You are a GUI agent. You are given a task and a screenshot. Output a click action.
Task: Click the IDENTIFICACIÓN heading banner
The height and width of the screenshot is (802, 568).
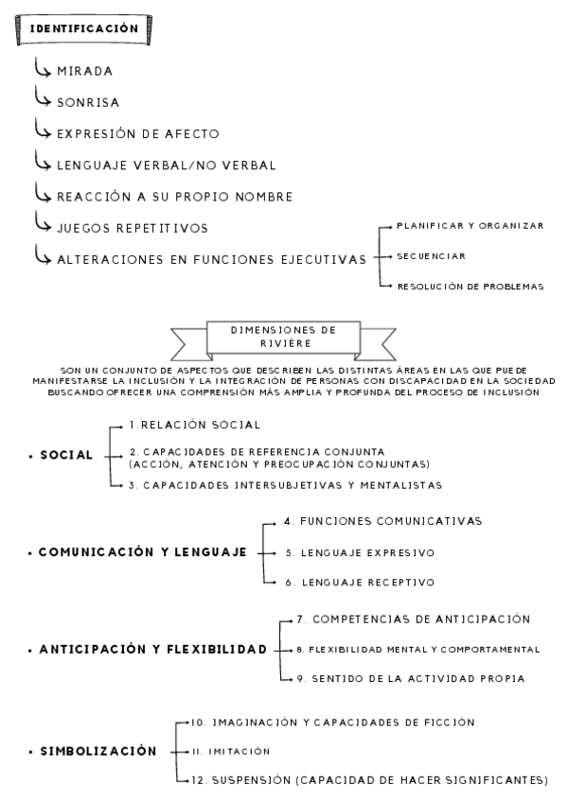point(84,28)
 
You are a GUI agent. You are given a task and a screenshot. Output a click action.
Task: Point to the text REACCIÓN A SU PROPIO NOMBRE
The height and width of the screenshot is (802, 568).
point(161,197)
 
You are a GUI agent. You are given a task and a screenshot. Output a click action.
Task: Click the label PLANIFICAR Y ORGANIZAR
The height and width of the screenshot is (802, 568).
point(470,226)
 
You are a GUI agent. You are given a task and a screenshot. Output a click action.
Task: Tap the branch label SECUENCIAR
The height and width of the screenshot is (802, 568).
point(431,255)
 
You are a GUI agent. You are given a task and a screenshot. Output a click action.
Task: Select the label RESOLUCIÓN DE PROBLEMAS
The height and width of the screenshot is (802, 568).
point(470,286)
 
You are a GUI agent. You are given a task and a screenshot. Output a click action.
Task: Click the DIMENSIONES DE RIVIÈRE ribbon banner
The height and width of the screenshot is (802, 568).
point(285,337)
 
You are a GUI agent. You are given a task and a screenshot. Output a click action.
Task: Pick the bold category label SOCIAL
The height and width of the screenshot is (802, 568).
point(66,455)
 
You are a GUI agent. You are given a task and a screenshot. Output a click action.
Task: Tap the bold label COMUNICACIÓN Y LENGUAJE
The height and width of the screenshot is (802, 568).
point(143,551)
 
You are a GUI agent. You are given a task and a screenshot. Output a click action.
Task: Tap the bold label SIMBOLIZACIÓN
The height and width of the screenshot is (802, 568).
point(98,751)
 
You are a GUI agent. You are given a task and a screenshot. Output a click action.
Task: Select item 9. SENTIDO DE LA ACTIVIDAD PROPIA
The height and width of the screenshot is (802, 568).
point(410,679)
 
